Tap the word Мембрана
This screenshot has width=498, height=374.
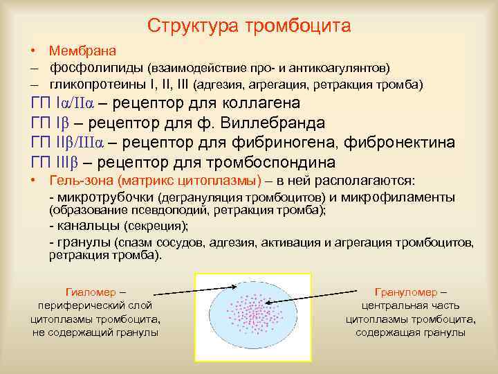click(x=82, y=51)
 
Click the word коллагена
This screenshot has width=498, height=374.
click(x=263, y=104)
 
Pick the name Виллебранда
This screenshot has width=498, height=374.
click(x=276, y=123)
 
